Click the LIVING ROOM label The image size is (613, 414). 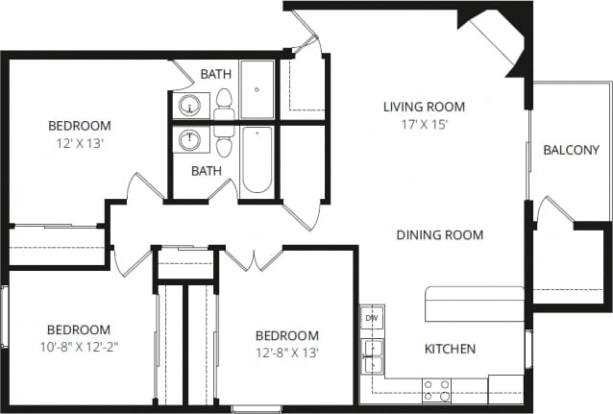pos(424,107)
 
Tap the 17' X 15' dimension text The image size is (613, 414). pos(424,124)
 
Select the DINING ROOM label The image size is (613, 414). pos(439,234)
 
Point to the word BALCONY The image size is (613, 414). pos(571,150)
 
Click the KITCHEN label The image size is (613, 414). pos(450,349)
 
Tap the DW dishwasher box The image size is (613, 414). pos(372,318)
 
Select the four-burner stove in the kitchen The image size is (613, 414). pos(437,390)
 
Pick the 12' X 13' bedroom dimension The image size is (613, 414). pos(79,143)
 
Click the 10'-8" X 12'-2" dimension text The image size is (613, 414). pos(79,346)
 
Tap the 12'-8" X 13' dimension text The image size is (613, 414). pos(286,353)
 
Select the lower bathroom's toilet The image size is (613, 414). pos(224,141)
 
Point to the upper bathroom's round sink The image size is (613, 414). pos(188,104)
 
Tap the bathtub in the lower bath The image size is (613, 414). pos(257,159)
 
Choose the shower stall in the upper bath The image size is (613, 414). pos(257,88)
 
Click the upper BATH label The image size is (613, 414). pos(215,74)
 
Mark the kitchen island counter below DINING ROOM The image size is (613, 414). pos(475,304)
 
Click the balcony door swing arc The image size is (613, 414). pos(552,209)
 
